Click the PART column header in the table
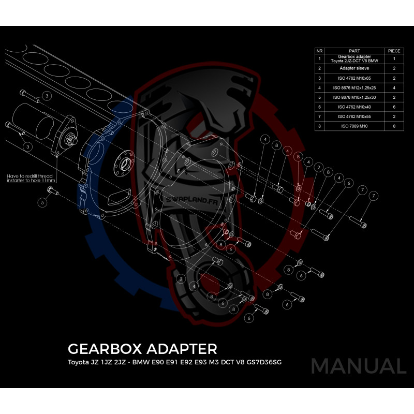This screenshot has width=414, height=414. click(x=354, y=51)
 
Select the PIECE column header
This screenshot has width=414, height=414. click(x=394, y=51)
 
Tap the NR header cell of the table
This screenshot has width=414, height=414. click(x=320, y=51)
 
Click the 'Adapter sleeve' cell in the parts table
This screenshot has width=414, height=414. click(x=354, y=68)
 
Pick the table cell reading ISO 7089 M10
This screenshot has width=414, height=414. click(x=354, y=125)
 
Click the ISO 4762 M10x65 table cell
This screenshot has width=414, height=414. click(x=354, y=78)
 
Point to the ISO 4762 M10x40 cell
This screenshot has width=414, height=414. click(x=354, y=106)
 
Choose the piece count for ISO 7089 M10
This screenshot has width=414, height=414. click(x=394, y=125)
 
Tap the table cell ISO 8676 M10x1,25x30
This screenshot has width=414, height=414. click(x=354, y=97)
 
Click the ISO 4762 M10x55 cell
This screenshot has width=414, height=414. click(x=354, y=116)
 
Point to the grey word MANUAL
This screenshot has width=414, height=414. click(x=359, y=366)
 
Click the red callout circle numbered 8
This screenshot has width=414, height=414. click(x=298, y=156)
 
